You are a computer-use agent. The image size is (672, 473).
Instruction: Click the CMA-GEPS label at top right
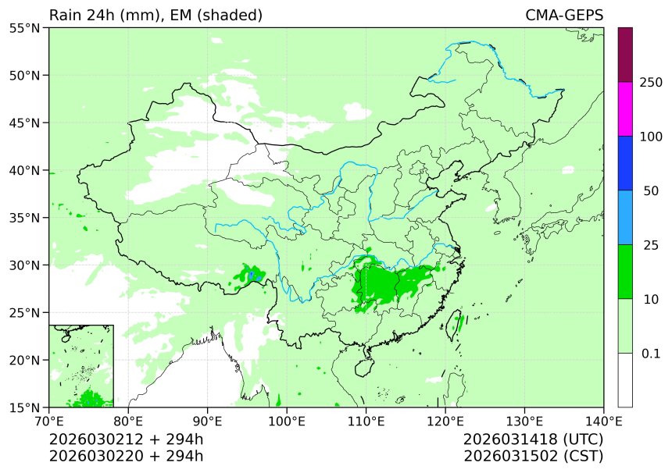coord(564,16)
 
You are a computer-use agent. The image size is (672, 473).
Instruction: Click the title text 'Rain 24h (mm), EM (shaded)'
coord(155,16)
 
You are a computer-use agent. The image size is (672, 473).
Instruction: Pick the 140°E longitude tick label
coord(602,422)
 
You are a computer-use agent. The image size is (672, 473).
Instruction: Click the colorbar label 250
coord(651,83)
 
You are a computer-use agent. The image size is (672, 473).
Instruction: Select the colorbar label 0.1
coord(651,354)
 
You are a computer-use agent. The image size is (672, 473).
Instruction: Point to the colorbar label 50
coord(651,191)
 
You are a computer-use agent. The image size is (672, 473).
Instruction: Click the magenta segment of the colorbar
coord(625,109)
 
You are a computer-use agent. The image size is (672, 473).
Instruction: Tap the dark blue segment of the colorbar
coord(625,163)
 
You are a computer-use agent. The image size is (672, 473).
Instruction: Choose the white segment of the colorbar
coord(625,380)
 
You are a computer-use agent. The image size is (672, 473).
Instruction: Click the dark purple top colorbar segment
coord(625,55)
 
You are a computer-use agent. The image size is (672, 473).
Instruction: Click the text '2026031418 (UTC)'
coord(533,439)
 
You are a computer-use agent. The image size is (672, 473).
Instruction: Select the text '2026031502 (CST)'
coord(533,456)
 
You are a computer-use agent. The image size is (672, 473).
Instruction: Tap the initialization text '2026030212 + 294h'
coord(126,439)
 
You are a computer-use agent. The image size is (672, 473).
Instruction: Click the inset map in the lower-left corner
coord(81,365)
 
